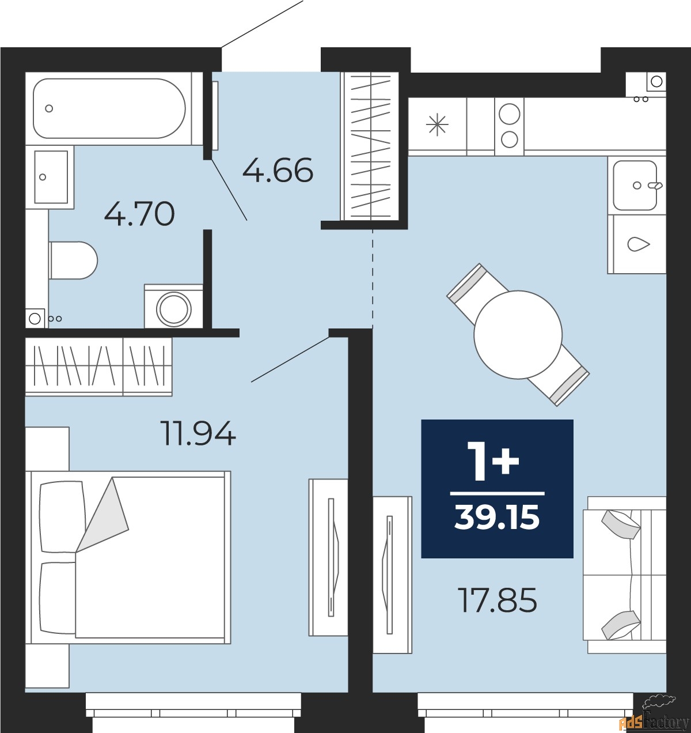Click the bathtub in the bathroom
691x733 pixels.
[109, 108]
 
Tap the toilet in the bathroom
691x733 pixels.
[73, 260]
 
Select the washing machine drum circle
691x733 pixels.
[174, 309]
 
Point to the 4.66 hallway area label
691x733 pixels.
[278, 171]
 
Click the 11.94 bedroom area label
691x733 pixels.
[199, 434]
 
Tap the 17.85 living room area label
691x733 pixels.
[498, 601]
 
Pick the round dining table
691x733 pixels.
[518, 335]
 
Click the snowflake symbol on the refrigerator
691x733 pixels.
[437, 124]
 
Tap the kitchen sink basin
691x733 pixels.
[635, 186]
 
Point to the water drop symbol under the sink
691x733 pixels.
[638, 244]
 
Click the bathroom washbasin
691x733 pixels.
[51, 177]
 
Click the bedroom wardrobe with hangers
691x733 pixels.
[99, 367]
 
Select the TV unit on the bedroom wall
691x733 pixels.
[328, 558]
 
